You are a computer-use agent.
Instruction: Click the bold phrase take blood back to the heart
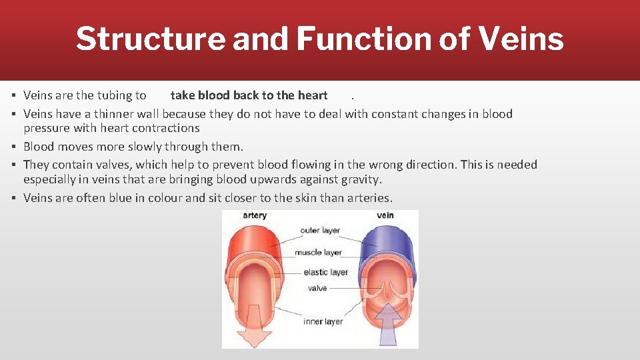point(249,95)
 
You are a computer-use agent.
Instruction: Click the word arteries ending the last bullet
point(369,198)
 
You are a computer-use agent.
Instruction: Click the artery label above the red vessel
point(255,216)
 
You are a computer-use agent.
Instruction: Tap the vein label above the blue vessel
point(385,216)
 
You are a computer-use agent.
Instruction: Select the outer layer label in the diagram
point(320,231)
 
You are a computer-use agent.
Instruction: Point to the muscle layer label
point(318,253)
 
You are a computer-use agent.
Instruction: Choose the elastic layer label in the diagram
point(325,272)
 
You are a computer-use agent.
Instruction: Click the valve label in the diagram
point(317,288)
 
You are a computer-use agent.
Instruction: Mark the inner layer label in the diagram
point(323,321)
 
